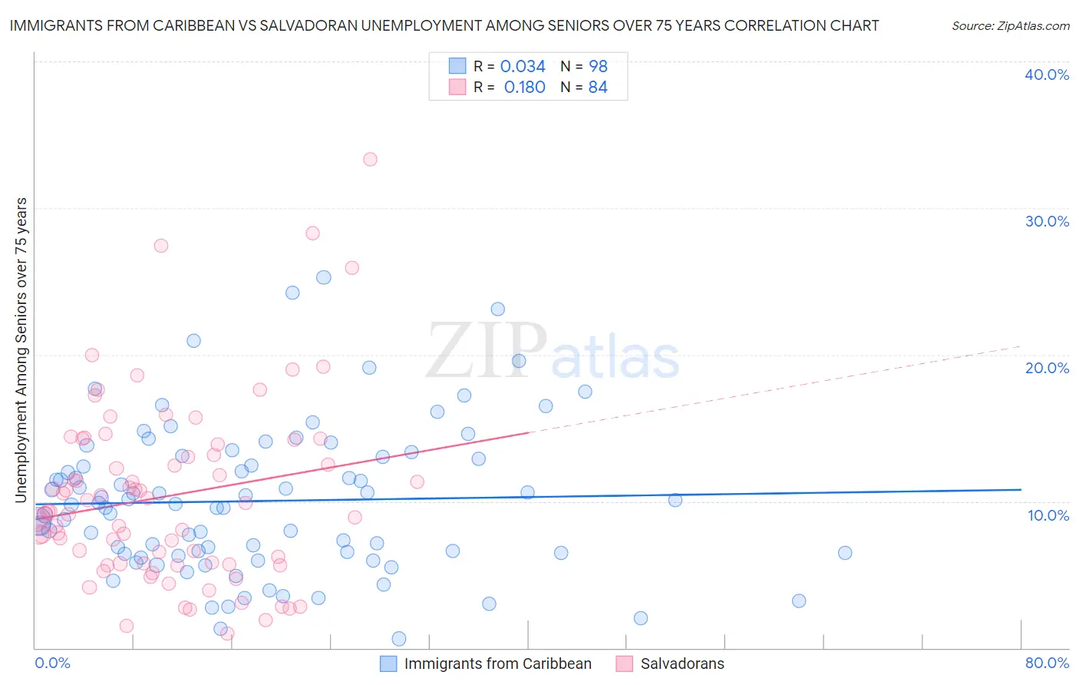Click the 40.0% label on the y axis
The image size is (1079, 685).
(x=1047, y=74)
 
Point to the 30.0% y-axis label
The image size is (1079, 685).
(x=1047, y=221)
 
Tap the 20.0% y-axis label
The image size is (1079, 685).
(x=1047, y=368)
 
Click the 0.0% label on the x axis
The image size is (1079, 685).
(x=52, y=663)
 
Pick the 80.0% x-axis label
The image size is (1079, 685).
(x=1047, y=663)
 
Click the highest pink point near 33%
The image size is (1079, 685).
(x=370, y=160)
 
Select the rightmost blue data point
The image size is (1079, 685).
(x=845, y=553)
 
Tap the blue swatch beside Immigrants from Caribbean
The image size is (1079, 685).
(x=389, y=664)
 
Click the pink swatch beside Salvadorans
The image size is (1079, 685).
(x=625, y=664)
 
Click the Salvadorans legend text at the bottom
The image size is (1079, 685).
(x=682, y=664)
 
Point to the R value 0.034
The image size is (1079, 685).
(x=523, y=67)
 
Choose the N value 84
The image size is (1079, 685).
(x=598, y=88)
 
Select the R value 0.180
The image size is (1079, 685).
(x=524, y=88)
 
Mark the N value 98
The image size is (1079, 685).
(x=598, y=67)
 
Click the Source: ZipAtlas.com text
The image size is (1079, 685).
(x=1010, y=26)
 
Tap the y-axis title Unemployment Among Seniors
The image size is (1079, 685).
(x=21, y=350)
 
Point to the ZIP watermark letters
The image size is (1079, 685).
(x=487, y=352)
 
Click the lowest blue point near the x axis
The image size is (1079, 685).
(x=399, y=639)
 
